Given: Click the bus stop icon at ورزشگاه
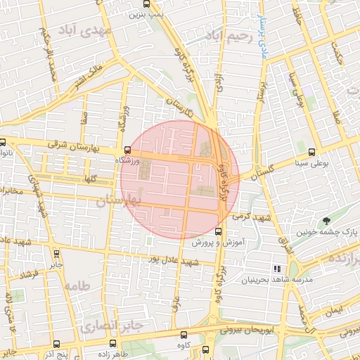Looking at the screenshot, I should coord(127,150).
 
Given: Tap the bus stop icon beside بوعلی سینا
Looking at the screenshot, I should coord(311,151).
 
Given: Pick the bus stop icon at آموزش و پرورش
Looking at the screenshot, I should coord(218,231).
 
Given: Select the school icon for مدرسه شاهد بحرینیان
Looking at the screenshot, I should coord(277,268).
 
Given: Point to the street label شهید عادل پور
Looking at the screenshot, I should coord(174,259).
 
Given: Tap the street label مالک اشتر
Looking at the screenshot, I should coord(89,77).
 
